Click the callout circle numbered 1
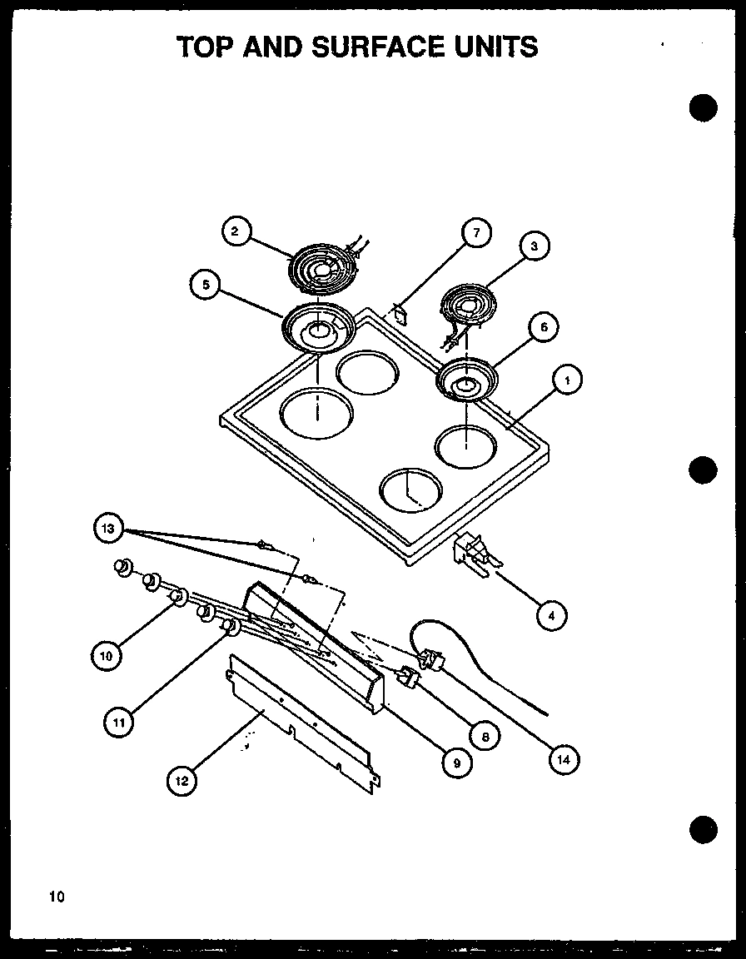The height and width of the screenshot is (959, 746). point(567,381)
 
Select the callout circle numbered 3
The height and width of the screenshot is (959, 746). point(534,246)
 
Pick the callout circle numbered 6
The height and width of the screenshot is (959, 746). point(543,327)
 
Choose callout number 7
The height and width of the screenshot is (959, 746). point(475,233)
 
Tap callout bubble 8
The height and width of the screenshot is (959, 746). point(483,735)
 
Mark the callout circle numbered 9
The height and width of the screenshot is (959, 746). point(456,761)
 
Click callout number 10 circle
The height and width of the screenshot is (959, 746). point(106,656)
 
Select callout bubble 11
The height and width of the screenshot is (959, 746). point(119,722)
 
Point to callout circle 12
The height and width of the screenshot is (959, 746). point(181,781)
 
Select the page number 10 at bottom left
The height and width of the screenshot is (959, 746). point(55,897)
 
